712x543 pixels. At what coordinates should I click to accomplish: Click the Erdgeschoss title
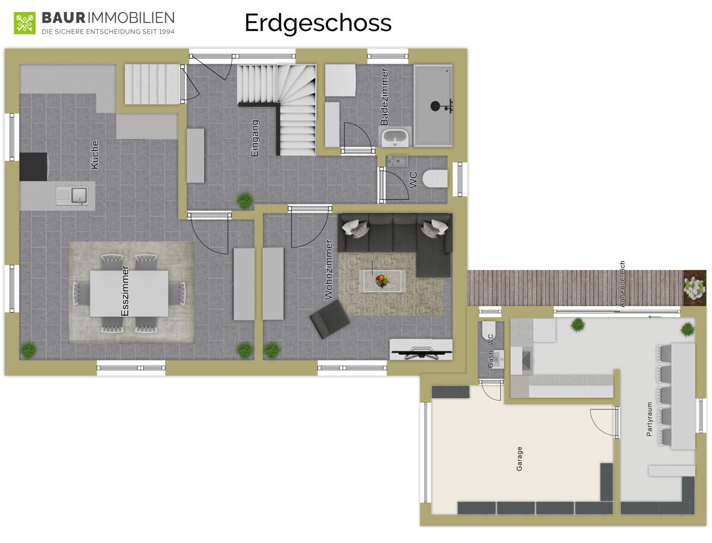318,23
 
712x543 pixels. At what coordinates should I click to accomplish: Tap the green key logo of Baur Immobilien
25,23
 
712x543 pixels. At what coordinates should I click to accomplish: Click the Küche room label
95,154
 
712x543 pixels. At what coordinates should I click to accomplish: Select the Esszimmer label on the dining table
125,291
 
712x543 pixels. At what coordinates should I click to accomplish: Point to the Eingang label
255,138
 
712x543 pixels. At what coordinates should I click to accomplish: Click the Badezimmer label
384,96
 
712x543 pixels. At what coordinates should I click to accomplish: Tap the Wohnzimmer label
329,269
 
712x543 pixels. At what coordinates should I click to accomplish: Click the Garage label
519,459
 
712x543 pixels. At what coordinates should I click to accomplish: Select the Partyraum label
649,419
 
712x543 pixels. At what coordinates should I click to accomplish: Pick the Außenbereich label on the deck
622,284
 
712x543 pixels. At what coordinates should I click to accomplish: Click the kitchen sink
72,196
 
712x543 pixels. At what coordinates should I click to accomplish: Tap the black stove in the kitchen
34,167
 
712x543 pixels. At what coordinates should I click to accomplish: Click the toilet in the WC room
435,179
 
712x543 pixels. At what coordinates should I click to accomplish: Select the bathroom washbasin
395,138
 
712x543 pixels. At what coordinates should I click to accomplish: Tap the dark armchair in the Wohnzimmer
329,319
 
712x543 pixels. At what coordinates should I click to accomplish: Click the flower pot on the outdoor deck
694,288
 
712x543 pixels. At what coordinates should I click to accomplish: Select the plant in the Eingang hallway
245,201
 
